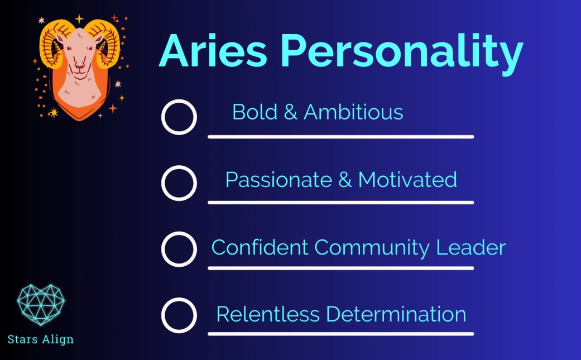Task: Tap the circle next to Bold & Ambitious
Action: [179, 117]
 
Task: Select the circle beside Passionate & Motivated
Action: [179, 183]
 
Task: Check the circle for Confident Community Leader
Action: [179, 249]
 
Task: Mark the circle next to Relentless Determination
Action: [179, 315]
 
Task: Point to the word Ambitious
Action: [353, 112]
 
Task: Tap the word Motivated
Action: [407, 180]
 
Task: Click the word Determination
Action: [396, 314]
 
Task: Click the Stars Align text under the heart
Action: [41, 339]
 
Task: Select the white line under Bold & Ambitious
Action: [340, 137]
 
